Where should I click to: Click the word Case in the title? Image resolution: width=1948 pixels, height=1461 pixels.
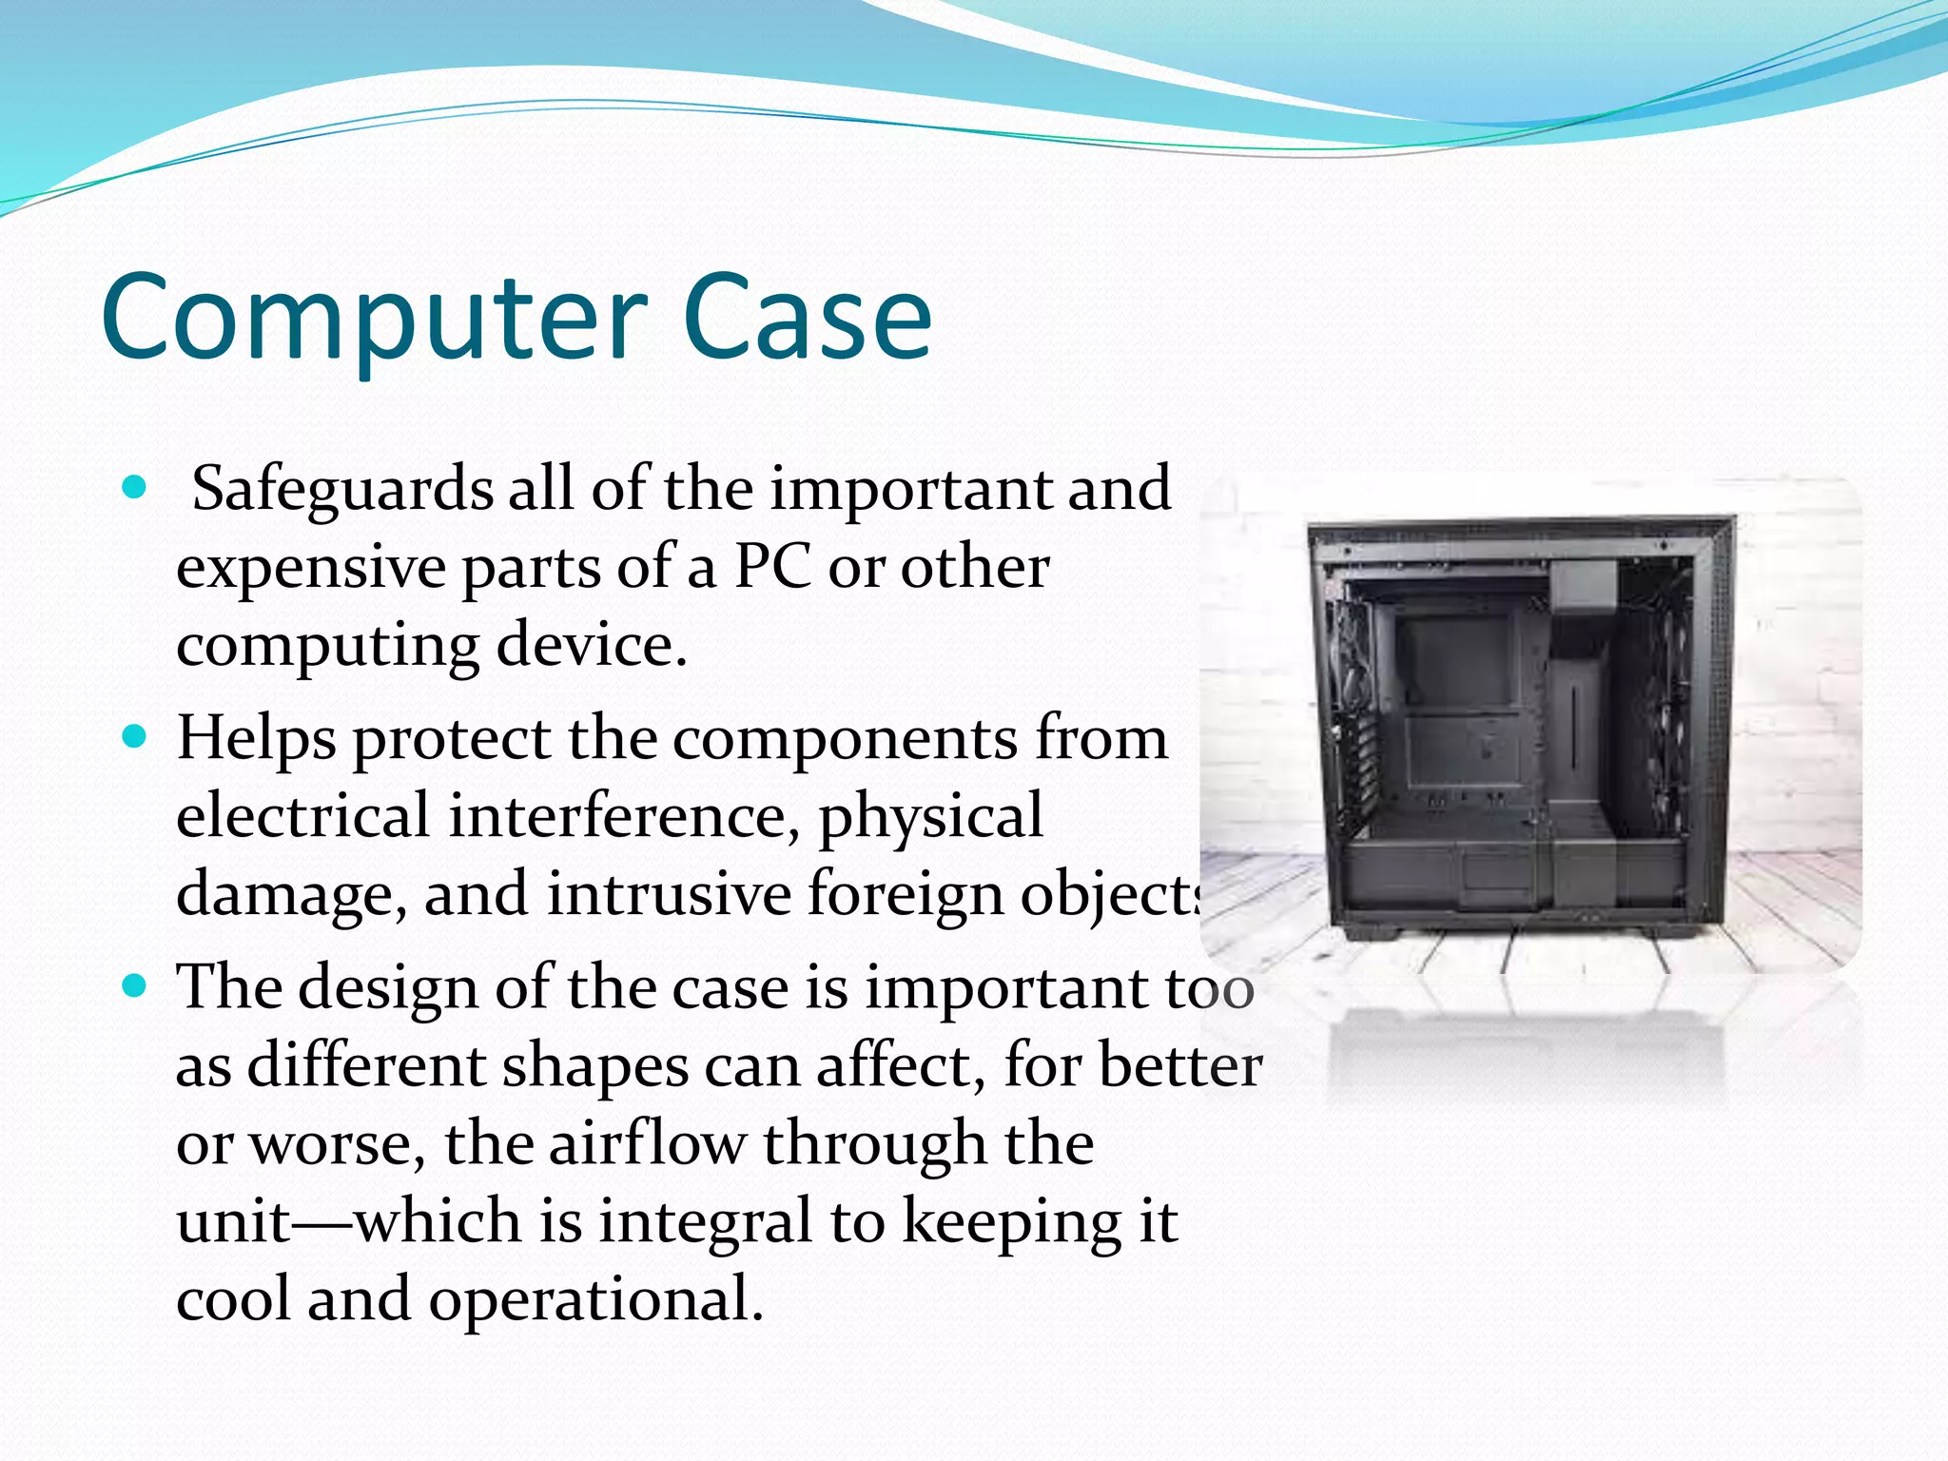tap(807, 319)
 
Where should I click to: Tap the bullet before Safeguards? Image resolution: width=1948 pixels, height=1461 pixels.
tap(135, 489)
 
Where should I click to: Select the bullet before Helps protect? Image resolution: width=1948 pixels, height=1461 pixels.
tap(135, 737)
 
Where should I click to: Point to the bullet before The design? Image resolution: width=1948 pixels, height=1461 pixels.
tap(135, 986)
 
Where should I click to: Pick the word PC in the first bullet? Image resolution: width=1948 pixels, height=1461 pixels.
tap(772, 568)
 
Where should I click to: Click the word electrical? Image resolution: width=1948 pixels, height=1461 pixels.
tap(302, 817)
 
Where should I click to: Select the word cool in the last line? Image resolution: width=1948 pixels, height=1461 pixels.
tap(233, 1300)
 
